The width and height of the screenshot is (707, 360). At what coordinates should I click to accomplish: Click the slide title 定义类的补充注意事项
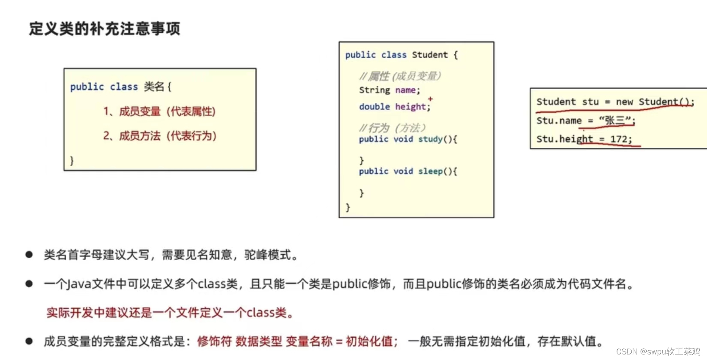click(x=105, y=29)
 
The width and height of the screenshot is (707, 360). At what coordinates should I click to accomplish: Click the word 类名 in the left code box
click(x=154, y=87)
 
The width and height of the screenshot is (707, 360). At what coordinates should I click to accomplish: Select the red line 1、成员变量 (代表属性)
click(x=159, y=111)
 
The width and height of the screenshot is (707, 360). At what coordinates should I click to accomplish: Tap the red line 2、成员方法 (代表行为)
click(x=159, y=136)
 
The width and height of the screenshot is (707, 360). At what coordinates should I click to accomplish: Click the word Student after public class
click(x=430, y=55)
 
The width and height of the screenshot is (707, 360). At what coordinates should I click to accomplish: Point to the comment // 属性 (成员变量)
click(x=400, y=76)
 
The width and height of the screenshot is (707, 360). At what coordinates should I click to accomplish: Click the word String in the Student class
click(x=374, y=90)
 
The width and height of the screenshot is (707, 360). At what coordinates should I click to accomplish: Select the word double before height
click(x=374, y=107)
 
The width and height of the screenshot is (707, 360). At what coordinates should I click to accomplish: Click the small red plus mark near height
click(x=430, y=99)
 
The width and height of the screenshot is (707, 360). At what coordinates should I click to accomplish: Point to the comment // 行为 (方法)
click(x=392, y=128)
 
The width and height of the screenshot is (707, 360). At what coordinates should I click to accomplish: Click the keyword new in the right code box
click(x=624, y=102)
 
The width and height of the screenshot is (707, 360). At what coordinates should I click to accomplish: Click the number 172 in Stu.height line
click(x=619, y=139)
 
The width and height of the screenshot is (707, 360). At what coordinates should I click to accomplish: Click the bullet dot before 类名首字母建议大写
click(x=29, y=255)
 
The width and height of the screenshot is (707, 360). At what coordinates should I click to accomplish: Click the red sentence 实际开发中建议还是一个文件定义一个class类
click(x=170, y=312)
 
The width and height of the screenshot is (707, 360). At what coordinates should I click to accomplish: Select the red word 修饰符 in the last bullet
click(x=214, y=341)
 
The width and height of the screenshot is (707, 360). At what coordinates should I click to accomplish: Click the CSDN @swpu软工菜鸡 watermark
click(x=658, y=351)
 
